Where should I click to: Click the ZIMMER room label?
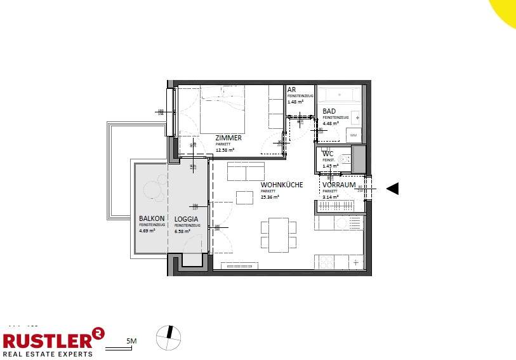pos(228,138)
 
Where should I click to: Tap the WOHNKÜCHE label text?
pos(282,185)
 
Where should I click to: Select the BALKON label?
pos(152,219)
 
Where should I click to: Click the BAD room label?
pos(329,111)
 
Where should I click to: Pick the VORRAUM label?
pos(338,185)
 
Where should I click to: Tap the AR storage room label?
pos(291,90)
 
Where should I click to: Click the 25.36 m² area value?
pos(270,197)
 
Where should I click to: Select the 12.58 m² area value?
pos(225,150)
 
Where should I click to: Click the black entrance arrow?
pos(392,188)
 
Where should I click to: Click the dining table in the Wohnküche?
pos(278,234)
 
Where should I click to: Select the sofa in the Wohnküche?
pos(246,171)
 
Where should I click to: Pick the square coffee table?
pos(244,197)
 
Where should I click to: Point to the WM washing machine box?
pos(354,135)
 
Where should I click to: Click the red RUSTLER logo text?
pos(47,337)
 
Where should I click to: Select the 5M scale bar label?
pos(132,342)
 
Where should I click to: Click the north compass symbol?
pos(169,337)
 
